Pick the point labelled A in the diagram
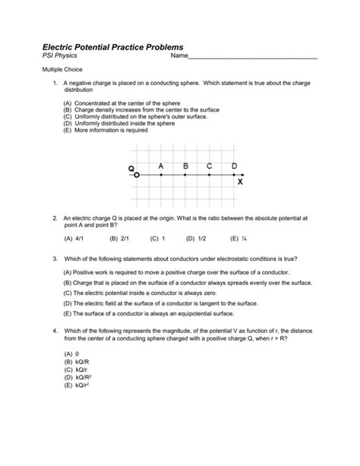(x=161, y=175)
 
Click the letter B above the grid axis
(x=185, y=165)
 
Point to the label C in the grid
(x=209, y=165)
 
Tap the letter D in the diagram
(x=234, y=165)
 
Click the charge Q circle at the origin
(x=137, y=175)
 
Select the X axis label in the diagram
(x=240, y=182)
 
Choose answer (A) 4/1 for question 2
(x=73, y=238)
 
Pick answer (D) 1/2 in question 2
(x=196, y=238)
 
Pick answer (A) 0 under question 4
(x=72, y=354)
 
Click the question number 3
(x=55, y=258)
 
